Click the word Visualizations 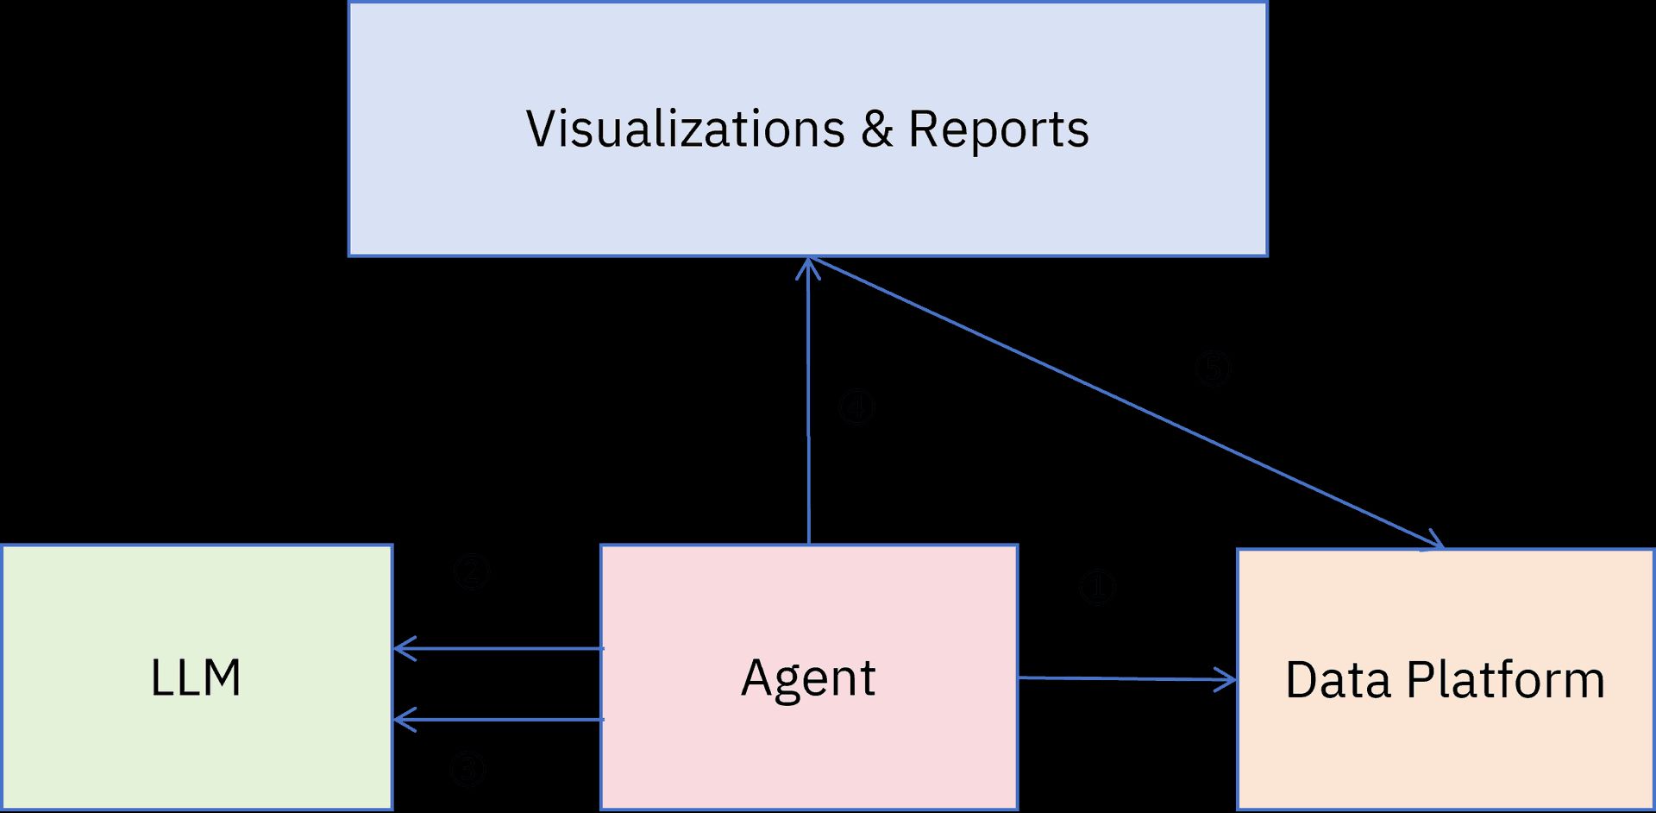pyautogui.click(x=686, y=129)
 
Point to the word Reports pyautogui.click(x=999, y=129)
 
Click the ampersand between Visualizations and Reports pyautogui.click(x=876, y=129)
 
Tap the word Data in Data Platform pyautogui.click(x=1338, y=680)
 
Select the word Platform pyautogui.click(x=1506, y=680)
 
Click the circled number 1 pyautogui.click(x=1097, y=588)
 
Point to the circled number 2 pyautogui.click(x=472, y=571)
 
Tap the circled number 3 pyautogui.click(x=468, y=769)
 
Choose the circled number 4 pyautogui.click(x=856, y=407)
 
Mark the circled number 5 pyautogui.click(x=1212, y=369)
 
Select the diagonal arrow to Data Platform pyautogui.click(x=1121, y=401)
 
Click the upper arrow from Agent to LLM pyautogui.click(x=500, y=648)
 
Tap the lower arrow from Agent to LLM pyautogui.click(x=500, y=719)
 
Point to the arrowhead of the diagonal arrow pyautogui.click(x=1437, y=541)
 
